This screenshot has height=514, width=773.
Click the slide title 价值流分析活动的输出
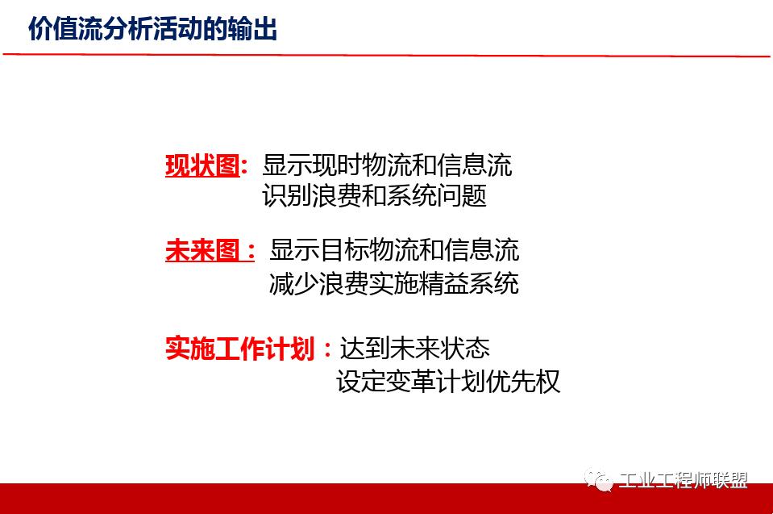tap(152, 30)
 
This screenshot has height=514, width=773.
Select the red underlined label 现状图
tap(202, 165)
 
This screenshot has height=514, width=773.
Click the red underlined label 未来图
tap(202, 250)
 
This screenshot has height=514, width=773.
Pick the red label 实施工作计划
tap(239, 349)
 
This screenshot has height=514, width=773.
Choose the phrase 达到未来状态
tap(414, 349)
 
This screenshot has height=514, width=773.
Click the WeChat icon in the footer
tap(599, 480)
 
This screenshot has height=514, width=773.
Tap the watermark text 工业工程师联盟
tap(683, 481)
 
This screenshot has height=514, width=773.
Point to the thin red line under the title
tap(386, 56)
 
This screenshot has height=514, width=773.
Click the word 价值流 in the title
tap(65, 30)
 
